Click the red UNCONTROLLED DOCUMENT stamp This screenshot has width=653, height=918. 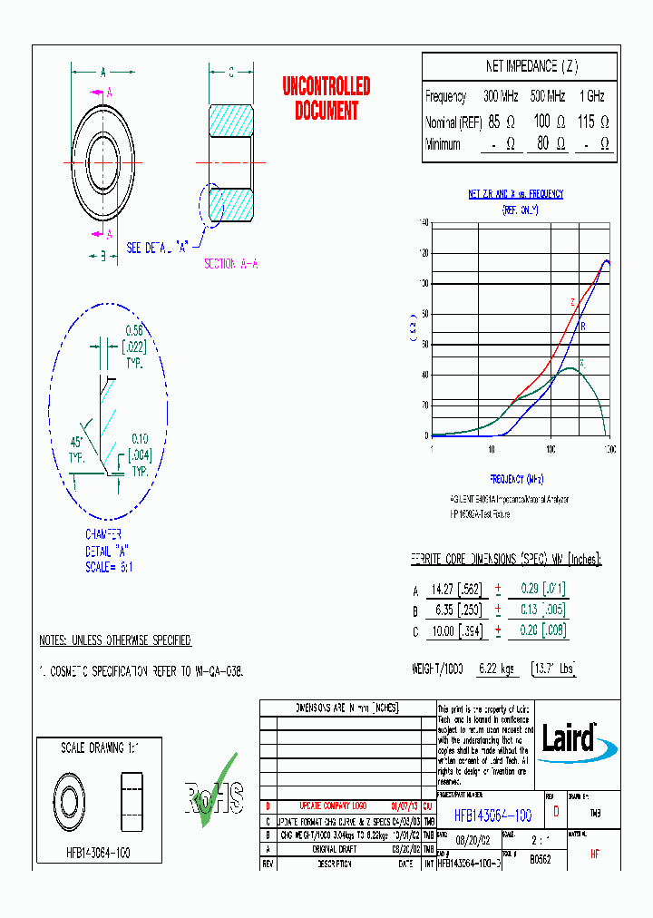pyautogui.click(x=326, y=99)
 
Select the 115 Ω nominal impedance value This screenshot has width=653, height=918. pyautogui.click(x=592, y=122)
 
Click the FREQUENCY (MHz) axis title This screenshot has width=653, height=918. pyautogui.click(x=516, y=478)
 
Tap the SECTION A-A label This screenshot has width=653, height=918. pyautogui.click(x=230, y=264)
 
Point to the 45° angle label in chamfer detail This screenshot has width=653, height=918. pyautogui.click(x=76, y=443)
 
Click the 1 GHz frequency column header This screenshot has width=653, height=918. pyautogui.click(x=591, y=96)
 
